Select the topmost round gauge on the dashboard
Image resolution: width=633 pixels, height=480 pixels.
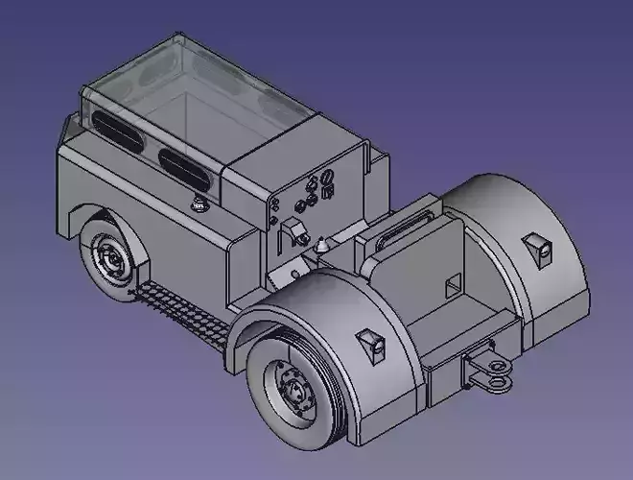pyautogui.click(x=326, y=178)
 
